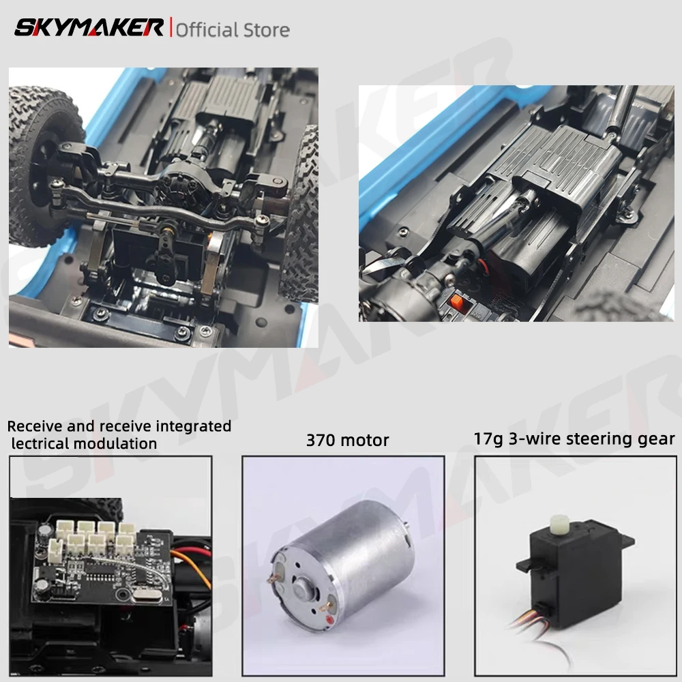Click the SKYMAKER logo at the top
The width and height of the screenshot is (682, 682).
pyautogui.click(x=89, y=27)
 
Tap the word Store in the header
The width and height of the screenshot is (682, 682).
pyautogui.click(x=267, y=30)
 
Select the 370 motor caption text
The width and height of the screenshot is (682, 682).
pyautogui.click(x=348, y=440)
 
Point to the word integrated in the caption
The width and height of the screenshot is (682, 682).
pyautogui.click(x=194, y=426)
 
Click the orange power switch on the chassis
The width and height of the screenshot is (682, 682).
pyautogui.click(x=456, y=301)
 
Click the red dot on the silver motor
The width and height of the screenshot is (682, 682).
pyautogui.click(x=329, y=619)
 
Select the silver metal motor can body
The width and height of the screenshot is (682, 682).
pyautogui.click(x=342, y=565)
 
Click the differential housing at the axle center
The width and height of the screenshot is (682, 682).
pyautogui.click(x=178, y=183)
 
